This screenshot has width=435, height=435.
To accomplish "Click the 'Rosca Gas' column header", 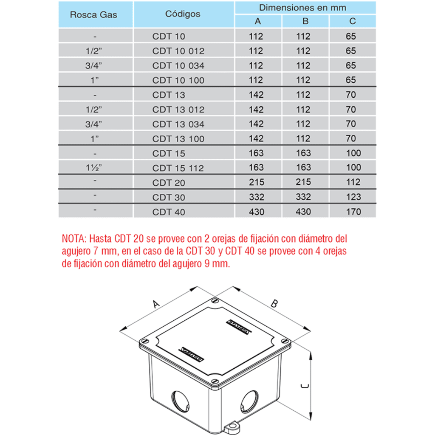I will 93,14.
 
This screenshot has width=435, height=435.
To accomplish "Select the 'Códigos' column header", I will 183,14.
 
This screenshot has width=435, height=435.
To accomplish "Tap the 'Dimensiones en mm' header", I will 302,8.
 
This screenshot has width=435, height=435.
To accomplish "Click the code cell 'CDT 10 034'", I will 178,66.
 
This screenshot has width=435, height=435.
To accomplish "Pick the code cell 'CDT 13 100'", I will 178,139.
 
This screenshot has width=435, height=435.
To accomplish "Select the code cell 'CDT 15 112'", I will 178,168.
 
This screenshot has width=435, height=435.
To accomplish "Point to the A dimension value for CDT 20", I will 256,182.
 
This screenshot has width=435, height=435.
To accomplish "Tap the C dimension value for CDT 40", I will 353,212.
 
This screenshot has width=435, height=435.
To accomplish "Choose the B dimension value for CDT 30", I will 303,197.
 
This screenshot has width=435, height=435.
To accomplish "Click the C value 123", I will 353,197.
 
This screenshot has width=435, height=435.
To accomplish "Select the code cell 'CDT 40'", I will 169,212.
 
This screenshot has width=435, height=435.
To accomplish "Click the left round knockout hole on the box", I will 179,401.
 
